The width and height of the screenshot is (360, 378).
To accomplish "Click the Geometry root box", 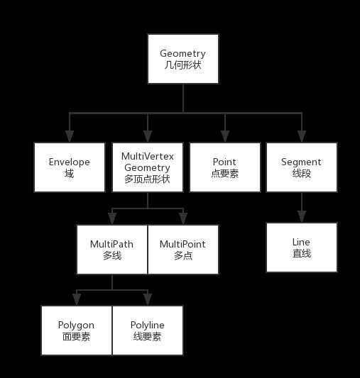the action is click(183, 59).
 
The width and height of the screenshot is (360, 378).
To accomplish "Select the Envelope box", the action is click(70, 167).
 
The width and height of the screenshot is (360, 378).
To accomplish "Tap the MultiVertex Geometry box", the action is click(148, 167).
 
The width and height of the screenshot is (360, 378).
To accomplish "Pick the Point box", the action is click(225, 167).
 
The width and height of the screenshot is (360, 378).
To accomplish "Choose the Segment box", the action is click(302, 167).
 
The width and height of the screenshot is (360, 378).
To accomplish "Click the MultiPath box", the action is click(112, 250).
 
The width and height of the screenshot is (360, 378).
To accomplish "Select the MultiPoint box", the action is click(183, 250).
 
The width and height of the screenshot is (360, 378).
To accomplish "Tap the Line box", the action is click(302, 248).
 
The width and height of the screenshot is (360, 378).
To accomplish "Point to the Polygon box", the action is click(77, 330).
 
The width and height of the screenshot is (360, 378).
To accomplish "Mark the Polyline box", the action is click(148, 330).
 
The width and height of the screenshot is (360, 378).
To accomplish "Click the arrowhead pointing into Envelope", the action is click(70, 136).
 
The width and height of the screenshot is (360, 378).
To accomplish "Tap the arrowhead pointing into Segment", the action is click(302, 136).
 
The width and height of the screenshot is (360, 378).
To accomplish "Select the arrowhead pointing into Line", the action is click(302, 216).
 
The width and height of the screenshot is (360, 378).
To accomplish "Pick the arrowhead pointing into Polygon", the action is click(77, 300).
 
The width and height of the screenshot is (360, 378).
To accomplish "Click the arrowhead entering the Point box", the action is click(225, 136).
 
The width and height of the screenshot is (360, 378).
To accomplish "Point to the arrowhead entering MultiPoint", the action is click(183, 218).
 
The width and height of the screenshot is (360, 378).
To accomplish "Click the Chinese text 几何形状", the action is click(183, 65).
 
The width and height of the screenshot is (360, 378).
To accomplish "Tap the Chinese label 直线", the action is click(302, 253).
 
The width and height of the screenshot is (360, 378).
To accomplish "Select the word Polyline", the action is click(148, 326).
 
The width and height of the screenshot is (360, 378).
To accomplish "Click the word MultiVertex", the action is click(148, 157).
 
